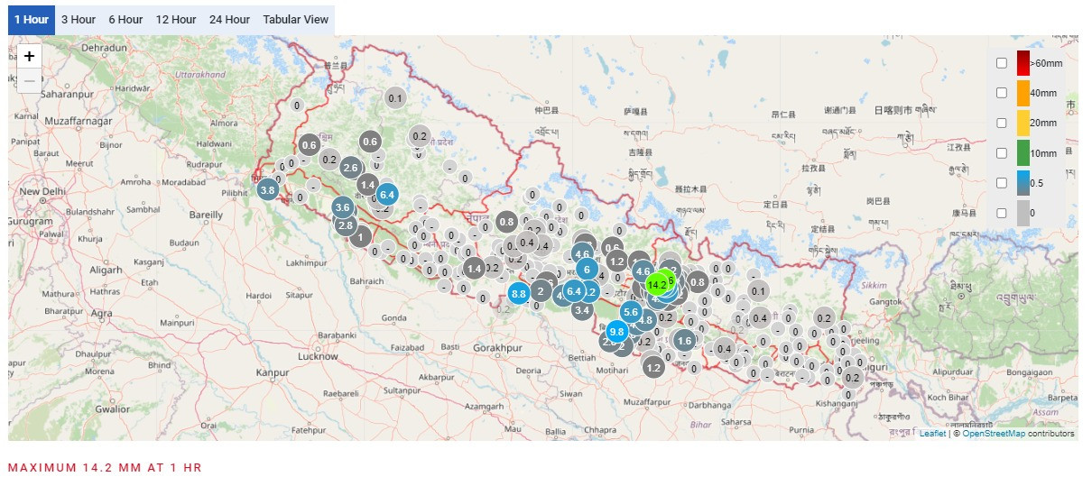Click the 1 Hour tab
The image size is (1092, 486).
coord(32,19)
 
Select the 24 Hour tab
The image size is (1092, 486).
coord(229,19)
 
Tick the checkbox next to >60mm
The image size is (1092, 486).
coord(1002,63)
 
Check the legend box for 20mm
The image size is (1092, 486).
coord(1002,123)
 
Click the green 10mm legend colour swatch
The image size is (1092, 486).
coord(1023,153)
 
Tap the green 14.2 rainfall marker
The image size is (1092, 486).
coord(658,285)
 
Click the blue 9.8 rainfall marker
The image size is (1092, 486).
coord(617,331)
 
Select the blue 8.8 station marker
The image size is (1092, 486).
coord(518,293)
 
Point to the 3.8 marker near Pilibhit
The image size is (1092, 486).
coord(267,190)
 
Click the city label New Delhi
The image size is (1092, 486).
coord(42,192)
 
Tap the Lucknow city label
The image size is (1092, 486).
coord(318,356)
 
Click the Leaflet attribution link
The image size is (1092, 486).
coord(932,434)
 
